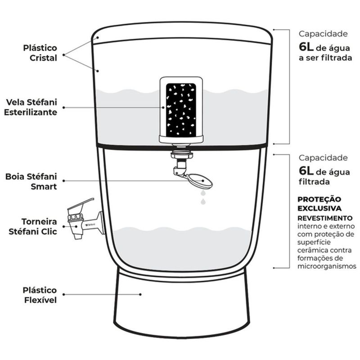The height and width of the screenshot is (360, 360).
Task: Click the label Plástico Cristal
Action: pyautogui.click(x=40, y=53)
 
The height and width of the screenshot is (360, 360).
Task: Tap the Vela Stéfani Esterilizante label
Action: pyautogui.click(x=31, y=107)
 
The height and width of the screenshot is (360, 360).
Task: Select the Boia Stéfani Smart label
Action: pyautogui.click(x=31, y=181)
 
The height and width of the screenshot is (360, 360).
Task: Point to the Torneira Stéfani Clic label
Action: pyautogui.click(x=33, y=226)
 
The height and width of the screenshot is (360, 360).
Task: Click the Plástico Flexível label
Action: pyautogui.click(x=40, y=295)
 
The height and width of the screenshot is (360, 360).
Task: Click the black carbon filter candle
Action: pyautogui.click(x=181, y=109)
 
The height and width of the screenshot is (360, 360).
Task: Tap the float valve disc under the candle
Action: pyautogui.click(x=200, y=181)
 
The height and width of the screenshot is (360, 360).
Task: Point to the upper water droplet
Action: pyautogui.click(x=203, y=193)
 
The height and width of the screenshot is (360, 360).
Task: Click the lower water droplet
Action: pyautogui.click(x=203, y=202)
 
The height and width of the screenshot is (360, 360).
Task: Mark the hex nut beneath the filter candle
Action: pyautogui.click(x=182, y=155)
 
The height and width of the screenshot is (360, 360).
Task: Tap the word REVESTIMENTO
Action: pyautogui.click(x=325, y=218)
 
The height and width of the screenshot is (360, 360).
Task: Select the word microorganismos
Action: pyautogui.click(x=327, y=266)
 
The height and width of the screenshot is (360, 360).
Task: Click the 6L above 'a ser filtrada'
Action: pyautogui.click(x=306, y=47)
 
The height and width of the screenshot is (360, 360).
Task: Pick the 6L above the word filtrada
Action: pyautogui.click(x=306, y=171)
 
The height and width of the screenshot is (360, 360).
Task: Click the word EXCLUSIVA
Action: pyautogui.click(x=319, y=208)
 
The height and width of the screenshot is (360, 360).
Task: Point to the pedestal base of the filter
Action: pyautogui.click(x=182, y=303)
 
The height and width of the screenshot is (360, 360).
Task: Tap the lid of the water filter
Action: pyautogui.click(x=182, y=33)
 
